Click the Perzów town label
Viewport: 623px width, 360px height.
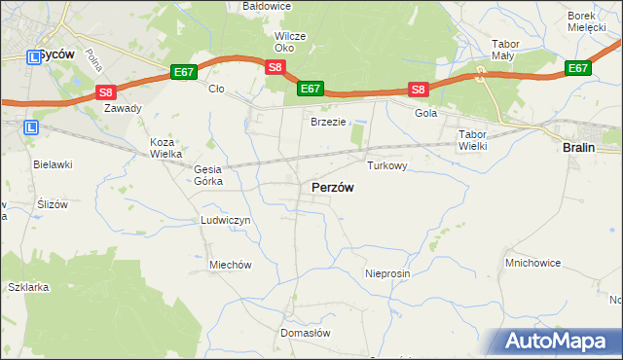tap(332, 187)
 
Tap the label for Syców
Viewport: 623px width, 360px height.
tap(56, 55)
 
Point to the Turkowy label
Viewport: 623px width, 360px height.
tap(386, 166)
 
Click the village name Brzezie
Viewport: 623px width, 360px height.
tap(329, 122)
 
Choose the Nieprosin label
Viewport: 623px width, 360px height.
tap(387, 273)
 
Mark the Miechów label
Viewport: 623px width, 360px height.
tap(231, 265)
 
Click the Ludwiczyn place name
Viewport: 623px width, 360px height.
tap(226, 221)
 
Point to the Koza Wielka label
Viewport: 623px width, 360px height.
tap(162, 148)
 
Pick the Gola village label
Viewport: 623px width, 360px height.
tap(426, 113)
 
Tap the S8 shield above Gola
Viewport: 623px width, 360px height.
tap(418, 90)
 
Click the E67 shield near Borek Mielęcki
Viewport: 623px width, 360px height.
tap(578, 68)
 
